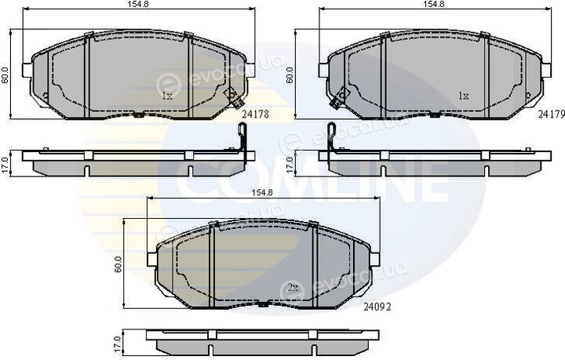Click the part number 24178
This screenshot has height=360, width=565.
256,115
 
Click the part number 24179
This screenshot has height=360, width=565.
552,115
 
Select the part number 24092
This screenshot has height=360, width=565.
377,307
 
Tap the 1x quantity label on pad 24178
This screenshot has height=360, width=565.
168,96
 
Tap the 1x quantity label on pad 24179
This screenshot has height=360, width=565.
464,96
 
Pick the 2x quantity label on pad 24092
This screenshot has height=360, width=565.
293,288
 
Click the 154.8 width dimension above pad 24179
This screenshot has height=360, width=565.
434,4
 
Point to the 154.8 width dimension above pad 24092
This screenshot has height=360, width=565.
262,193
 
